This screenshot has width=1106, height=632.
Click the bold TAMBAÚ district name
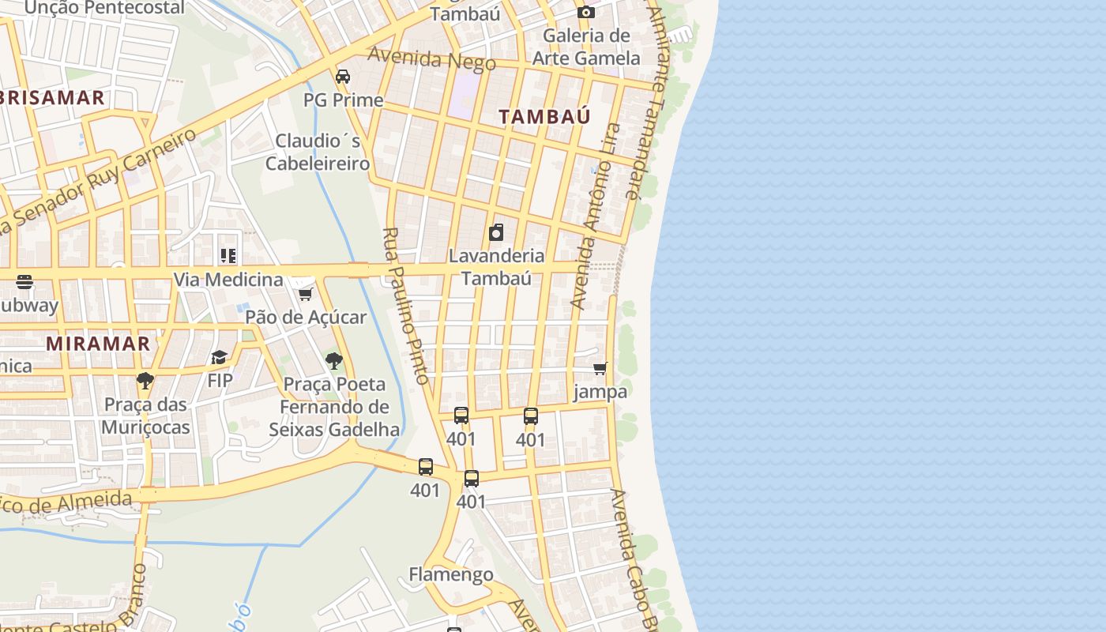pos(544,116)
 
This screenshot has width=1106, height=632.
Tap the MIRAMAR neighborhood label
pos(98,344)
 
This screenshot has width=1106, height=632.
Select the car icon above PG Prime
pos(343,77)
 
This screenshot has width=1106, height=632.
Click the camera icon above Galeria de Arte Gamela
pos(585,12)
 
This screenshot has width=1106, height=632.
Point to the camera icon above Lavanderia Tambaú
pos(496,232)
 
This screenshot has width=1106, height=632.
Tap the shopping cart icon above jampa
pos(600,368)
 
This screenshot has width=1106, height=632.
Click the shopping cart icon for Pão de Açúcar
pos(305,294)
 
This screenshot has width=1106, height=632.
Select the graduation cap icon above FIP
pos(220,358)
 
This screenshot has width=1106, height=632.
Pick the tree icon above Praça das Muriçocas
pos(145,381)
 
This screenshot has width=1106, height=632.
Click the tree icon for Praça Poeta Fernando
pos(334,361)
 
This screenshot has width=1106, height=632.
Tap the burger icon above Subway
pos(24,282)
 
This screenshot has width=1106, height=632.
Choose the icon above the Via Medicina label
pos(228,256)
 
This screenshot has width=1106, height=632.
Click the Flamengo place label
pos(451,574)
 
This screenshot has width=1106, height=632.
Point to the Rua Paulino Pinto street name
pos(406,306)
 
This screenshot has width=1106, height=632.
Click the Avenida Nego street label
pos(431,59)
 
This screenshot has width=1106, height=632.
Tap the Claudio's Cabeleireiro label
pos(318,152)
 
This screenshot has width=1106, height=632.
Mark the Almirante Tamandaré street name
pos(645,103)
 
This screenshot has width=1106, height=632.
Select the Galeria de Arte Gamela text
pos(585,47)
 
